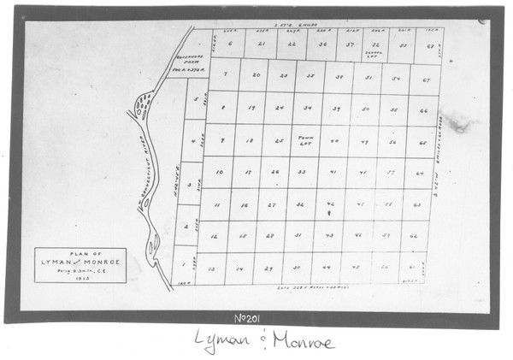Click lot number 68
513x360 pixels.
pos(429,45)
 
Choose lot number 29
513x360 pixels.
pos(269,268)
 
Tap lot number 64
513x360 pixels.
pos(420,173)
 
